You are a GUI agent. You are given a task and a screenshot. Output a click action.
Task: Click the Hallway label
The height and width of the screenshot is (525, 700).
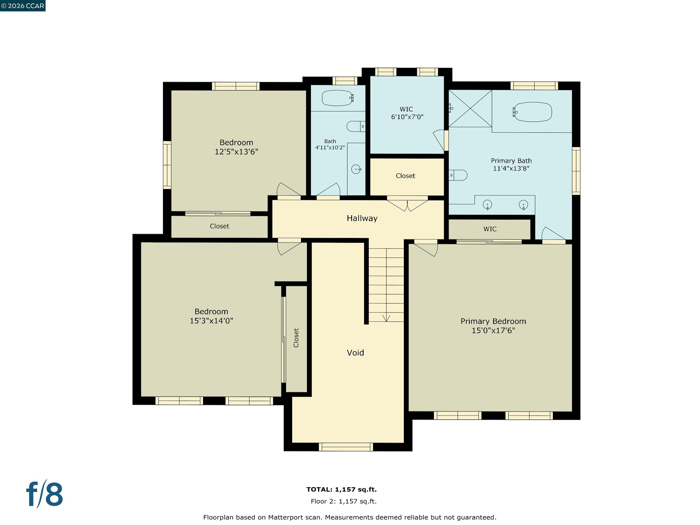pos(362,218)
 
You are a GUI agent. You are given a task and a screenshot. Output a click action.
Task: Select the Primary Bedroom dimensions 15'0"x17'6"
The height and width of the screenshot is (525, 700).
pos(493,330)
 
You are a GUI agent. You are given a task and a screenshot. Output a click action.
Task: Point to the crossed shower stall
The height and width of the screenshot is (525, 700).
pos(470,108)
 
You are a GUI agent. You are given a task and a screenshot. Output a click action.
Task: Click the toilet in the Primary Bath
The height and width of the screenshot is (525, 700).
pos(458,175)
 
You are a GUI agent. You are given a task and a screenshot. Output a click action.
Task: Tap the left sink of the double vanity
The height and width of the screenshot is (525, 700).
pos(487,204)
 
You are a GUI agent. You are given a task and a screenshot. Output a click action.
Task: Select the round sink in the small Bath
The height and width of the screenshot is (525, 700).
pos(356,169)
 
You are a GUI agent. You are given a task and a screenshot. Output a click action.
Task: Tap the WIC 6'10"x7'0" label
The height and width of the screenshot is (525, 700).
pos(407,113)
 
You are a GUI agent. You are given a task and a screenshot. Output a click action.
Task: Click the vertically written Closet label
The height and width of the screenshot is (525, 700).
pos(296,338)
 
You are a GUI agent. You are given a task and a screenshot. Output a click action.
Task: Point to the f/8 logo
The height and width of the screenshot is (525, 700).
pos(44,494)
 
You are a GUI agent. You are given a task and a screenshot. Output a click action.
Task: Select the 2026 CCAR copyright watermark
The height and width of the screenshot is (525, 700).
pos(23,6)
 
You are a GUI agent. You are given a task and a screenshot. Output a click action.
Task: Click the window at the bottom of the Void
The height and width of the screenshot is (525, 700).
pos(346,447)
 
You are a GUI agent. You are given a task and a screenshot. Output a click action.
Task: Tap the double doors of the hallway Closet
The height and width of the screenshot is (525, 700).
pos(407,204)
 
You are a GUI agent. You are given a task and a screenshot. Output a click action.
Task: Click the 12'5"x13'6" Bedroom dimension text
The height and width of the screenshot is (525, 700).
pos(236,152)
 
